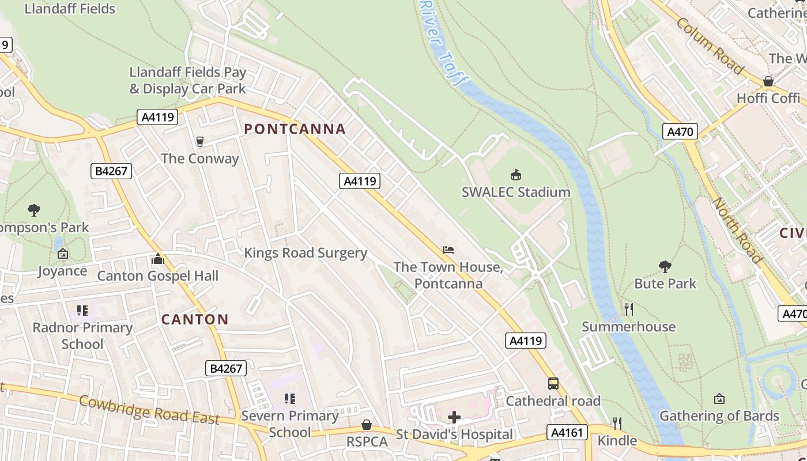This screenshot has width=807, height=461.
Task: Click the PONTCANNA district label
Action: pos(295,129)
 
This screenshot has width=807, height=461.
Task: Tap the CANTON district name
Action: pos(195,319)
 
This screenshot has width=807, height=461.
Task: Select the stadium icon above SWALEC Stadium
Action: pos(516,175)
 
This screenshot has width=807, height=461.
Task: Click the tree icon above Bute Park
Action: pos(665,266)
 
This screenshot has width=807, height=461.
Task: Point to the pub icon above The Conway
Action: pos(200,141)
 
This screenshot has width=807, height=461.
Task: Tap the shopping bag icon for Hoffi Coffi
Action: pos(768,81)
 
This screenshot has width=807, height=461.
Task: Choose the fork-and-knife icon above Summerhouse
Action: pos(628,309)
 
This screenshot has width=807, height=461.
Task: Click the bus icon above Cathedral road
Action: pos(553,383)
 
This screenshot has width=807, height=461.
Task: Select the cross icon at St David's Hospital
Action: pos(454,417)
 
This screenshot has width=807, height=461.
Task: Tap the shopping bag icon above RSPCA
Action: pos(366,425)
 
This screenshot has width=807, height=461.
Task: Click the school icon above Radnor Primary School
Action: pos(82,311)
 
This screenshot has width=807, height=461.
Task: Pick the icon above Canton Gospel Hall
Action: pos(157,259)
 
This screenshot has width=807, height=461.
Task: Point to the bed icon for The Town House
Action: pos(448,250)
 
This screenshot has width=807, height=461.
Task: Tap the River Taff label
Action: pos(443,43)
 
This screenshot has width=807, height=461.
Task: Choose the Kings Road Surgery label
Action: pos(306,253)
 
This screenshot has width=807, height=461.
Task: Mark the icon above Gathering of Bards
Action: pos(719,399)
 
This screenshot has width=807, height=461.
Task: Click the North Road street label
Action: pos(737,231)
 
